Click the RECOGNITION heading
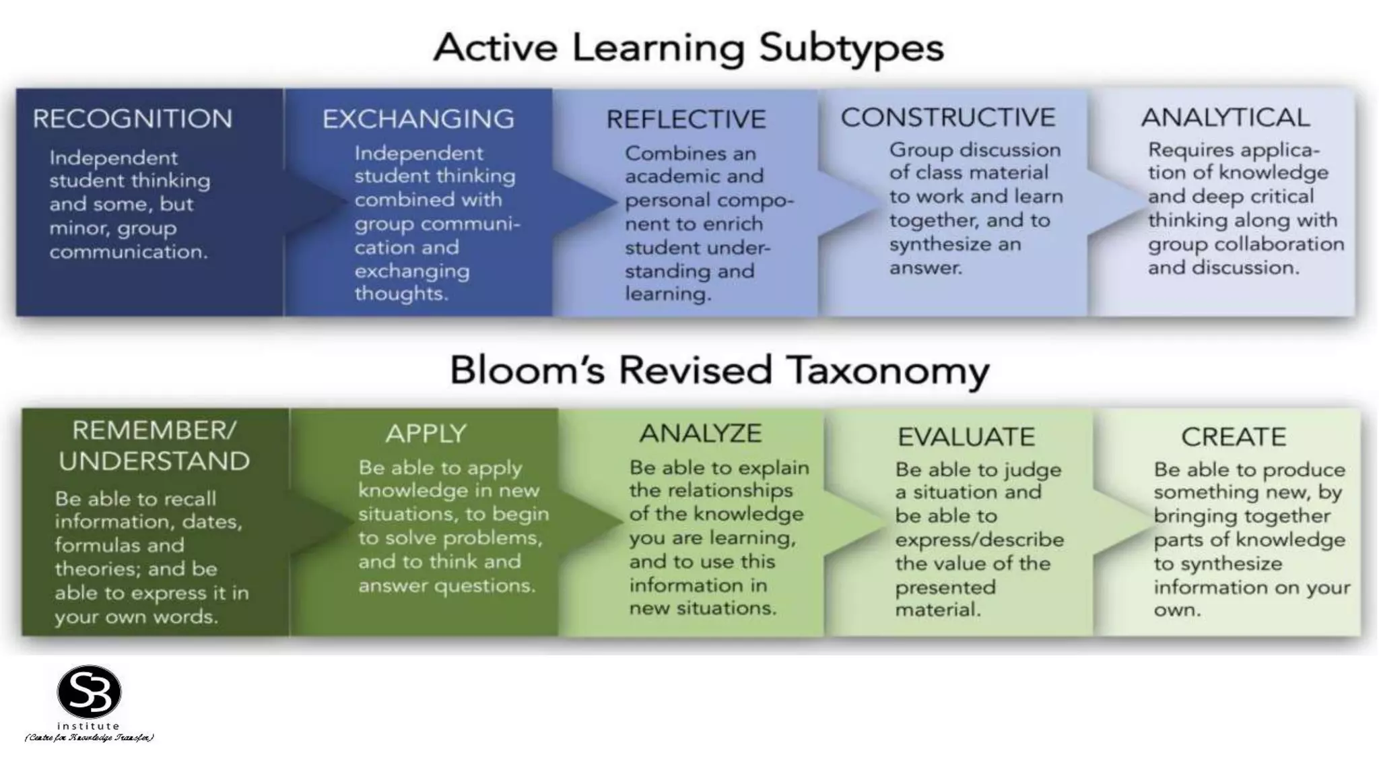[x=133, y=119]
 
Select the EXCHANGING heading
[x=417, y=119]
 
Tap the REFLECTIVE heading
[x=685, y=120]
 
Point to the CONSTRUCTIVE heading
[x=947, y=118]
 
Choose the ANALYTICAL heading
[x=1225, y=118]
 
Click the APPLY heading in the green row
[x=426, y=434]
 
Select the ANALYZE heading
[x=700, y=433]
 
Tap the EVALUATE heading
[x=966, y=437]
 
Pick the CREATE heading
[x=1234, y=437]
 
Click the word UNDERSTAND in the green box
[x=154, y=461]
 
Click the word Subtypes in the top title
[x=851, y=48]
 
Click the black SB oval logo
[x=89, y=692]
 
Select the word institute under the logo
[x=88, y=726]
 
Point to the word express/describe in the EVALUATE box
[x=979, y=540]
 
